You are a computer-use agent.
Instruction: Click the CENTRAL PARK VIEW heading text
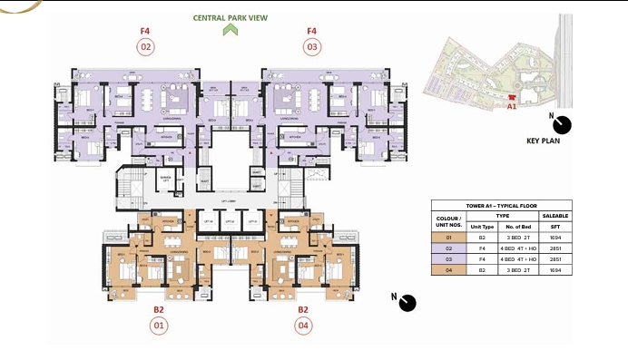pos(231,17)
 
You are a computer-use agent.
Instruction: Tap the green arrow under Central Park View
pos(231,30)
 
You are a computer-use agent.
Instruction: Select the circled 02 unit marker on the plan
pos(146,46)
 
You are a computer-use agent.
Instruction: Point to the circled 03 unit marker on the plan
pos(312,46)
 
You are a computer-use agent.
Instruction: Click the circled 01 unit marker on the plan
pos(159,325)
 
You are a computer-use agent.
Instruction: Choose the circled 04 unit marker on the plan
pos(303,325)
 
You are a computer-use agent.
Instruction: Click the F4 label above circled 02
pos(145,31)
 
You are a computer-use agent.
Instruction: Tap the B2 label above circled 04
pos(303,309)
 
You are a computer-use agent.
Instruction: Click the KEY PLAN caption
pos(548,141)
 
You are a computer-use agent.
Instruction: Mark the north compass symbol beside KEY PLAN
pos(563,124)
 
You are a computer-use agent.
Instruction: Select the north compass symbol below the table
pos(407,302)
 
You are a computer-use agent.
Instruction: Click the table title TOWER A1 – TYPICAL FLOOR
pos(501,206)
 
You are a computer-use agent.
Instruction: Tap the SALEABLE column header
pos(555,217)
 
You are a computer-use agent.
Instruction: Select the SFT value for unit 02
pos(555,248)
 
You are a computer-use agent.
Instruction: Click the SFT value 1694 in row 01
pos(555,238)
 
